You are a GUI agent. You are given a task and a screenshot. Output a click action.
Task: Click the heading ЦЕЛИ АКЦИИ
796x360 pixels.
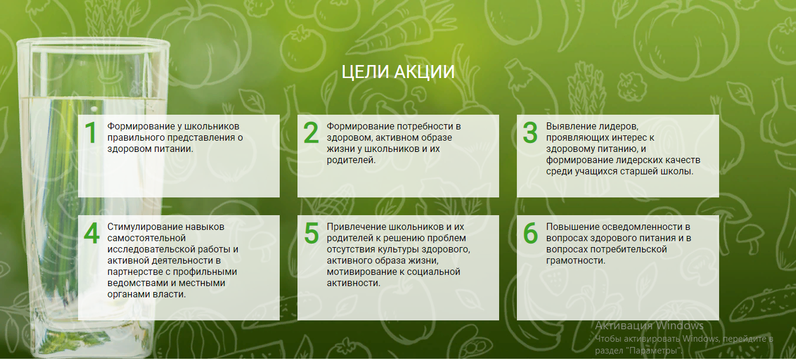pos(398,72)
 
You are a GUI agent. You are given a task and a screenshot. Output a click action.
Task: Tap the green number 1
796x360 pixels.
pos(91,133)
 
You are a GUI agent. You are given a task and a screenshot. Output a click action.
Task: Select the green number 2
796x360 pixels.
pos(311,133)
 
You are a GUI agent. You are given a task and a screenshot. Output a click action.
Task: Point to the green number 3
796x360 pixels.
pos(530,133)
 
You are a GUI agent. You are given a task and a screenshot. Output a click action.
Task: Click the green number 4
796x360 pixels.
pos(92,233)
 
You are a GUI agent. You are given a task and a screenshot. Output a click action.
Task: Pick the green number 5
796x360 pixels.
pos(311,233)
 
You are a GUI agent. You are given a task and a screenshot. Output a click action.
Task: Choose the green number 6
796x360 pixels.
pos(530,233)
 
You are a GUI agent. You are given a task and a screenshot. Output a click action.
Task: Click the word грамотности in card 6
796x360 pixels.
pos(574,261)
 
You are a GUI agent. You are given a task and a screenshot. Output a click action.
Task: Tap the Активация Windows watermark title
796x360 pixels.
pos(649,326)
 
